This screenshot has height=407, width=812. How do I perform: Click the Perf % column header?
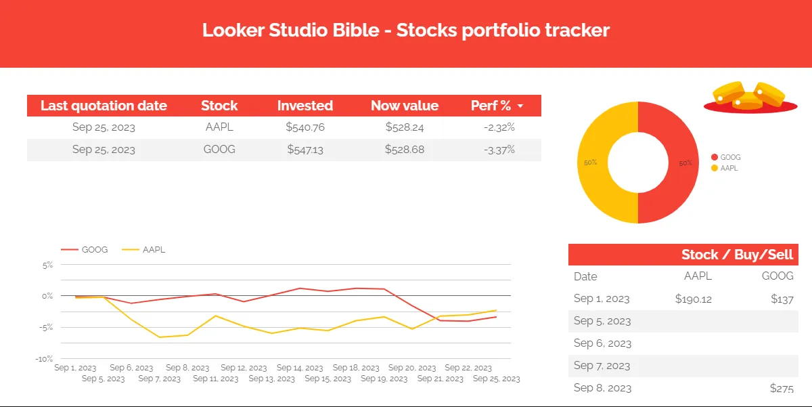pyautogui.click(x=491, y=106)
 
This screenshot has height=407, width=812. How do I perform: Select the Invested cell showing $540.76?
pyautogui.click(x=305, y=127)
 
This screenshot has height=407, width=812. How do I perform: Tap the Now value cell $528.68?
pyautogui.click(x=405, y=150)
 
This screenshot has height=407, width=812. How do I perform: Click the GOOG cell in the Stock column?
pyautogui.click(x=219, y=150)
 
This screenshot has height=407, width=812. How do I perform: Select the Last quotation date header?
pyautogui.click(x=104, y=106)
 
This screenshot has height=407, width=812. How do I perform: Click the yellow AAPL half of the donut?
pyautogui.click(x=592, y=163)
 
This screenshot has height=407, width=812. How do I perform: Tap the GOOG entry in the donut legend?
pyautogui.click(x=729, y=157)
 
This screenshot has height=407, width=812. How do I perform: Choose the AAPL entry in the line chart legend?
pyautogui.click(x=154, y=250)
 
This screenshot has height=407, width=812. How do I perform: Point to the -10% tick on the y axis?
pyautogui.click(x=45, y=359)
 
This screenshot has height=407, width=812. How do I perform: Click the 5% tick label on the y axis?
pyautogui.click(x=47, y=265)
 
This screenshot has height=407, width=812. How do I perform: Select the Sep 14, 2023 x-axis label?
pyautogui.click(x=299, y=368)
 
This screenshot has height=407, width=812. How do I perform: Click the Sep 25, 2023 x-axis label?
pyautogui.click(x=496, y=379)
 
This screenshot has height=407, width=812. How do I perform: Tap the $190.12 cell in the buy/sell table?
pyautogui.click(x=693, y=299)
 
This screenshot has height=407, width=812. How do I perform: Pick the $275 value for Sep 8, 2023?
pyautogui.click(x=782, y=389)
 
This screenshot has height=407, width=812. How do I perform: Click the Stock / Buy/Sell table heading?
pyautogui.click(x=737, y=255)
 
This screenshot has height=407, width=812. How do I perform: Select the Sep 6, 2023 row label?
pyautogui.click(x=602, y=343)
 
